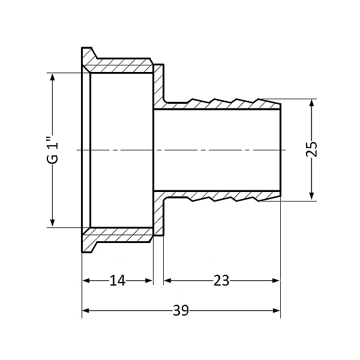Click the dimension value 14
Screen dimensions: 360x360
(x=118, y=280)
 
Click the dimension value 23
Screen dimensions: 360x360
(x=221, y=280)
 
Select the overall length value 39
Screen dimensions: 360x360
(x=181, y=310)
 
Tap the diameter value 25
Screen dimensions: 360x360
(x=311, y=149)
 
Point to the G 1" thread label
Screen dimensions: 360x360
(x=53, y=151)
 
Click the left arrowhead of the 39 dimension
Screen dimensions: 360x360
(x=85, y=311)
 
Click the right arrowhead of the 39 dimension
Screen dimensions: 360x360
(x=277, y=311)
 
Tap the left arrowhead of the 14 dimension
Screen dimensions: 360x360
(x=86, y=281)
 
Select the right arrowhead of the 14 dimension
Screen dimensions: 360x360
(x=149, y=281)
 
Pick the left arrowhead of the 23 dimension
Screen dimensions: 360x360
(x=167, y=281)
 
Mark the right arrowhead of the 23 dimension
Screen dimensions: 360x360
(x=276, y=281)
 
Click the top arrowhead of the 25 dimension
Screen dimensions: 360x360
(x=311, y=103)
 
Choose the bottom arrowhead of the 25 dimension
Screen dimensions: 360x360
(x=311, y=196)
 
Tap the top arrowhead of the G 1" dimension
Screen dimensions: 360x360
(x=53, y=77)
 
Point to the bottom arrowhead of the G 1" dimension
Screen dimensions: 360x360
(x=53, y=223)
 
